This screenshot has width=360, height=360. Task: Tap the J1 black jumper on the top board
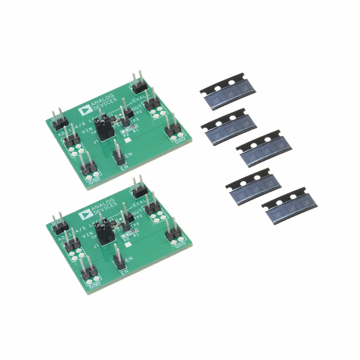[x=103, y=130]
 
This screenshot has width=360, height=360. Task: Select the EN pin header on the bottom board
[x=119, y=260]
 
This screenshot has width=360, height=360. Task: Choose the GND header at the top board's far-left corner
[x=57, y=119]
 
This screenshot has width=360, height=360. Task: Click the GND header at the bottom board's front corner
[x=91, y=276]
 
